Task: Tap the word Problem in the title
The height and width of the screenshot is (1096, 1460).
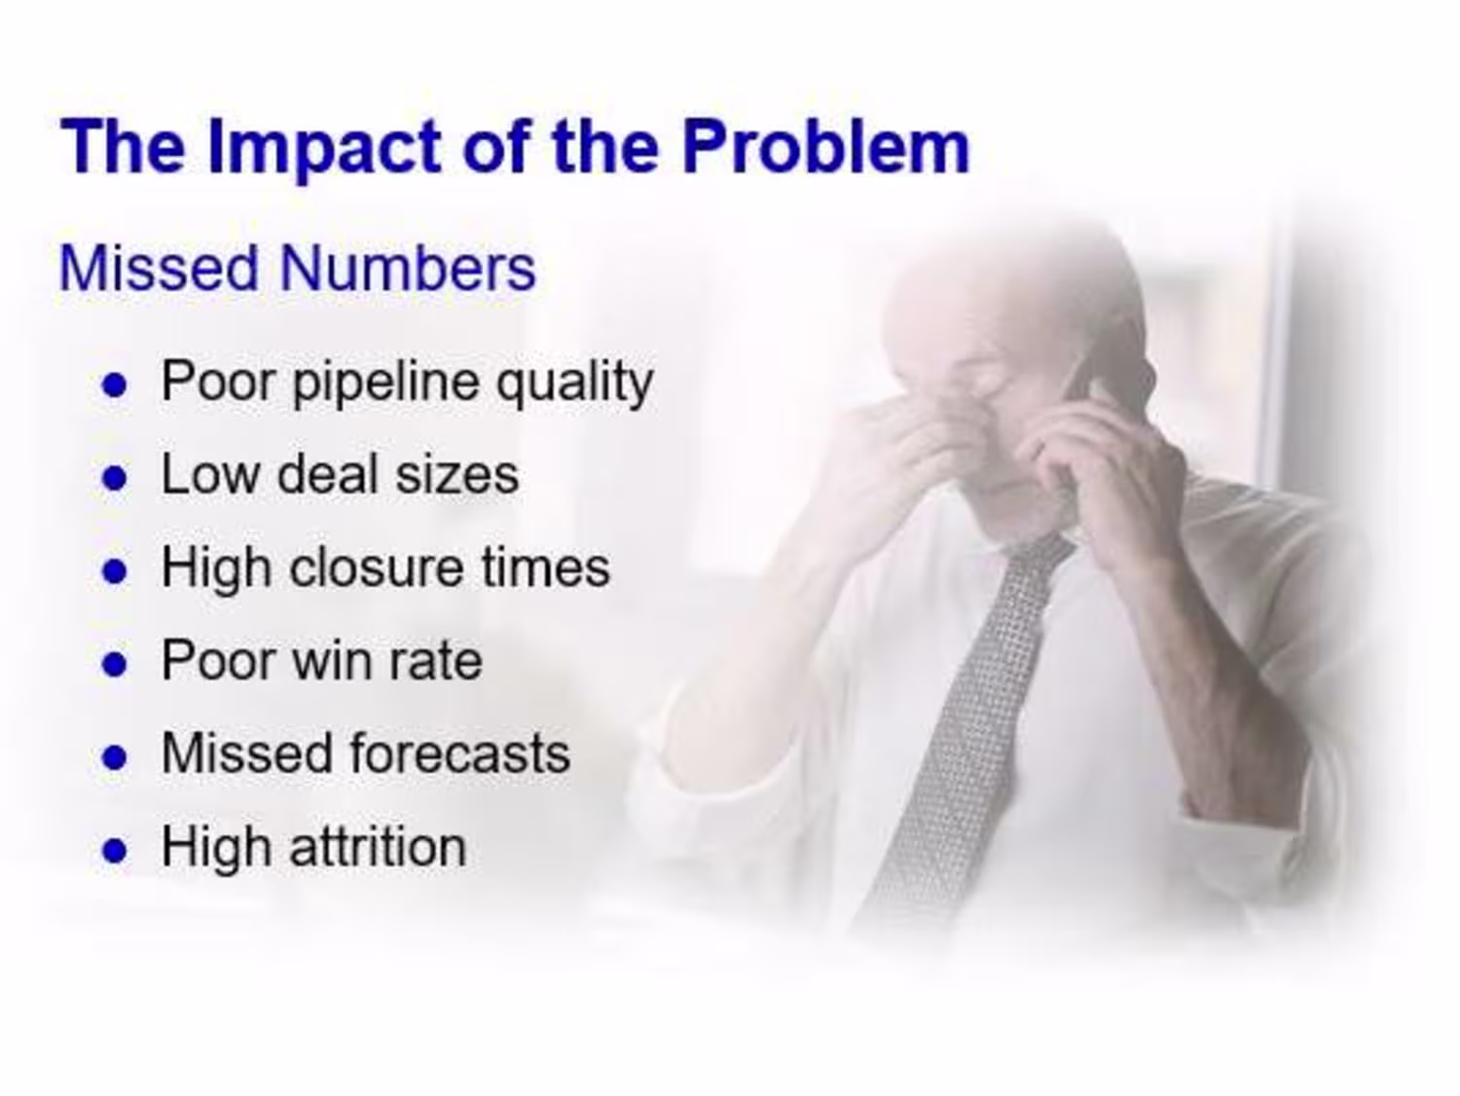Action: [x=825, y=146]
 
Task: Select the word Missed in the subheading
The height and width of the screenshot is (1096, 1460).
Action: [x=159, y=268]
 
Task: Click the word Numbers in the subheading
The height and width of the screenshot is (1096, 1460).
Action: [x=408, y=268]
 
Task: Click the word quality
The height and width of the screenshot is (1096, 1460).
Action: [x=574, y=384]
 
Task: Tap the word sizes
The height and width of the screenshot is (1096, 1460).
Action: [x=456, y=476]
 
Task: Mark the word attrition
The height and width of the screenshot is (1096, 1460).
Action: [x=379, y=847]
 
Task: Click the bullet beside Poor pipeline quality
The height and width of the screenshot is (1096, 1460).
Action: [x=115, y=385]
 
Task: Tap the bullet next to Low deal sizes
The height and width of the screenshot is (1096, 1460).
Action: [x=115, y=478]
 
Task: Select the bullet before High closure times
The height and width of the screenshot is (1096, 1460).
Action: [x=115, y=571]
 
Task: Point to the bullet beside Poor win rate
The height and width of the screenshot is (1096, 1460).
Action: [x=115, y=665]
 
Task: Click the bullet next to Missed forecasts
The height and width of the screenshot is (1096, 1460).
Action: [x=115, y=757]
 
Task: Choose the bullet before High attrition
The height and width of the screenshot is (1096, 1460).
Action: [x=115, y=851]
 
